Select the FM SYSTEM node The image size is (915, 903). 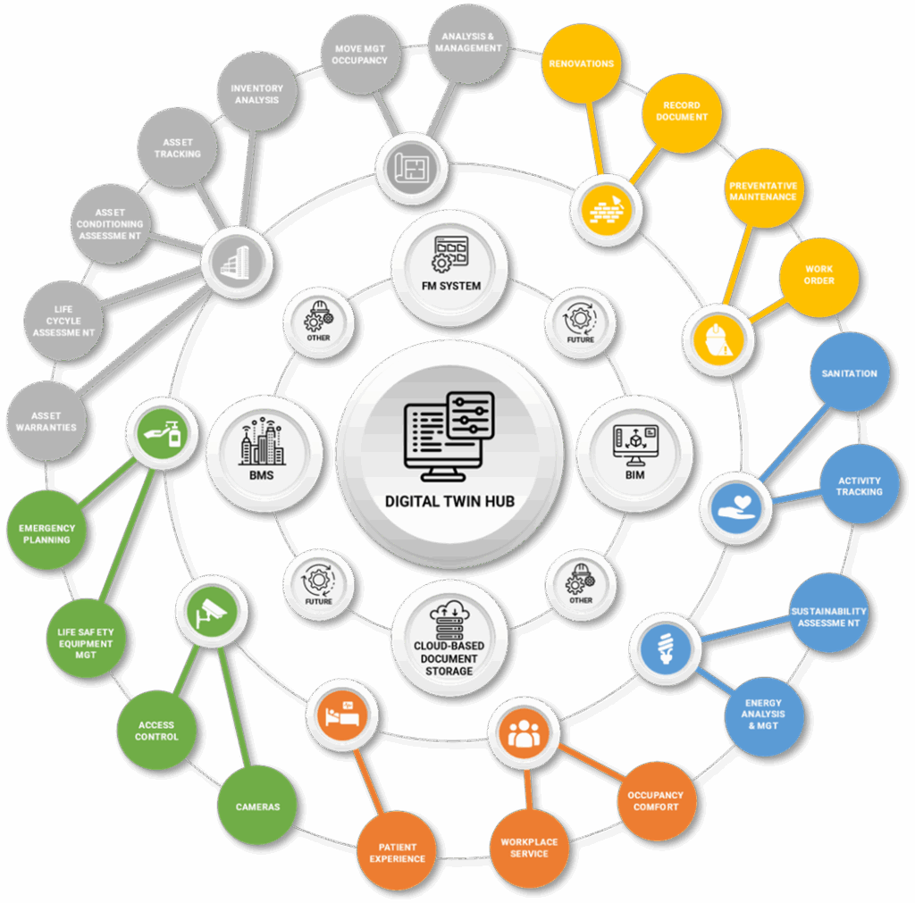tap(450, 268)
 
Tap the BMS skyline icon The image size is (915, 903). tap(262, 441)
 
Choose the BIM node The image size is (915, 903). tap(635, 453)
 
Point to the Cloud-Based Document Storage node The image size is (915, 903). tap(449, 638)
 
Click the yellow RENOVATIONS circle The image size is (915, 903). tap(581, 63)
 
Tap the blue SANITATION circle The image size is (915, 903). tap(850, 372)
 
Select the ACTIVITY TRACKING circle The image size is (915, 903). tap(860, 484)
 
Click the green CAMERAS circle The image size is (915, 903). tap(257, 805)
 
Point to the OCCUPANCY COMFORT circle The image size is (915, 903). tap(657, 800)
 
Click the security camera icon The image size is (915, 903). tap(211, 612)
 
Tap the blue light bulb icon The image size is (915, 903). tap(666, 648)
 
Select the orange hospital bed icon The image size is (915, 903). tap(342, 715)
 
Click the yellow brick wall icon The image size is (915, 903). tap(607, 209)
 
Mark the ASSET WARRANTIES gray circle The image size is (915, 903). tap(46, 422)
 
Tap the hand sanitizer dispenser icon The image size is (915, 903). tap(164, 433)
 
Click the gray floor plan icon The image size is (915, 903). tap(412, 169)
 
